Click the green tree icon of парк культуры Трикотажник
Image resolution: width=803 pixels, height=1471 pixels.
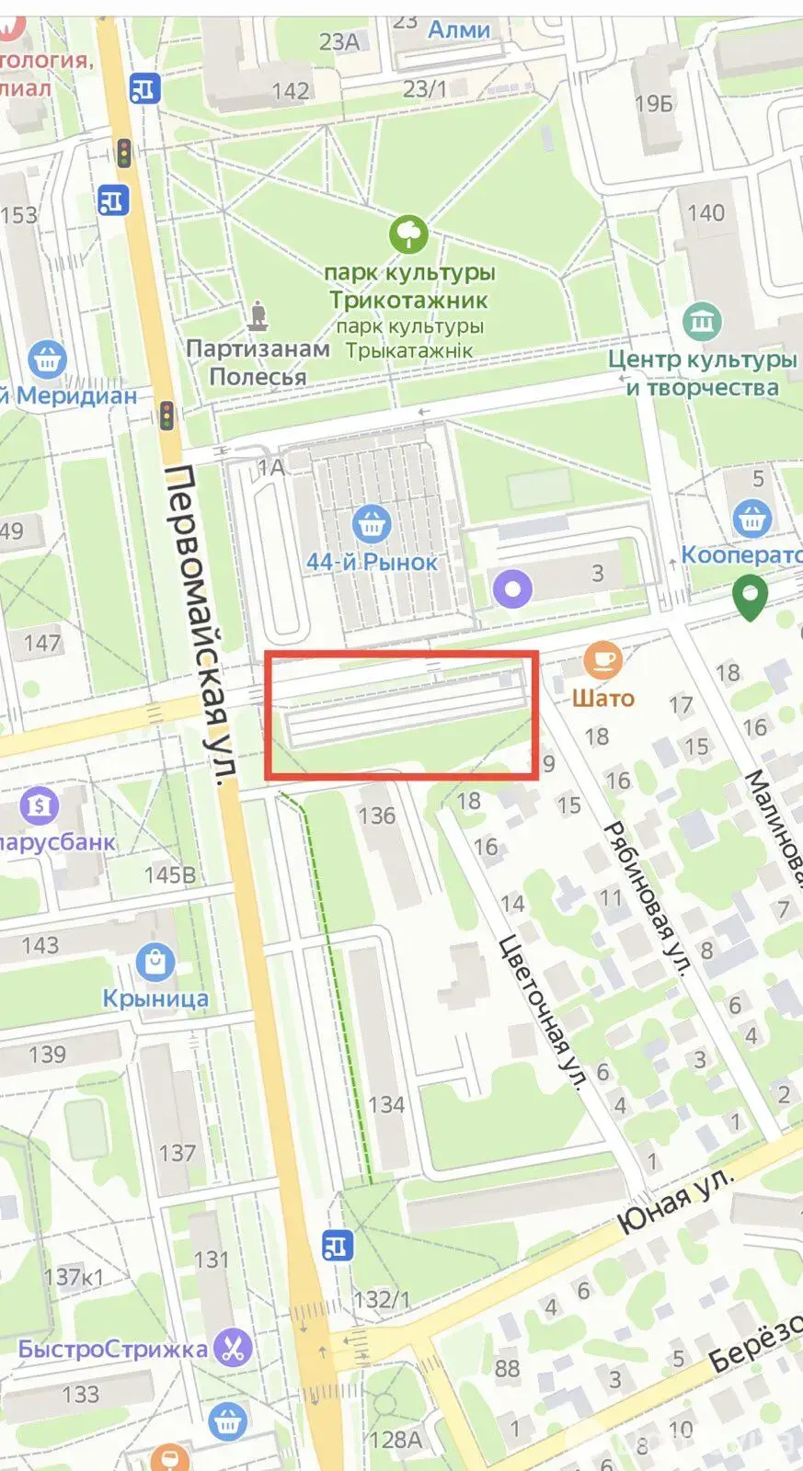coord(407,234)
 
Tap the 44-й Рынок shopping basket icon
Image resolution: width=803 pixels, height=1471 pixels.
coord(372,524)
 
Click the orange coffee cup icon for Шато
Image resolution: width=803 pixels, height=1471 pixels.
coord(603,659)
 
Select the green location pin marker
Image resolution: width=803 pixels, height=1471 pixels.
coord(750,596)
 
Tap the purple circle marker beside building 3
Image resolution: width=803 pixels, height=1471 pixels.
coord(512,587)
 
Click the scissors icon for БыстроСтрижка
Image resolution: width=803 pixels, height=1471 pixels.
coord(234,1348)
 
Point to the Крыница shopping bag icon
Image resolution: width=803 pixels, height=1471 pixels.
coord(155,962)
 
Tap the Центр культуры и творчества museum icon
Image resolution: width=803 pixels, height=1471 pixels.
coord(703,321)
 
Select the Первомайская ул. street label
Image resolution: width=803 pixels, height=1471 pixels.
coord(198,625)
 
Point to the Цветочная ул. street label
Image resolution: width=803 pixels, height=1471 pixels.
coord(543,1011)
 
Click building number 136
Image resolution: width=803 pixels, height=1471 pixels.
coord(377,815)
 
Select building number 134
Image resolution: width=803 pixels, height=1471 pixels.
coord(386,1104)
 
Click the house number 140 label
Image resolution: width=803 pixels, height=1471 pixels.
coord(705,212)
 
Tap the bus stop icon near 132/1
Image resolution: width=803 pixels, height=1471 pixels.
coord(338,1246)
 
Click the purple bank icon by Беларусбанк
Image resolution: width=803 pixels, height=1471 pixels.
coord(39,806)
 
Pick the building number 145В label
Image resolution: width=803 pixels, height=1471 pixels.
coord(170,874)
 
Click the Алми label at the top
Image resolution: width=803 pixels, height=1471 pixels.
coord(459,29)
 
